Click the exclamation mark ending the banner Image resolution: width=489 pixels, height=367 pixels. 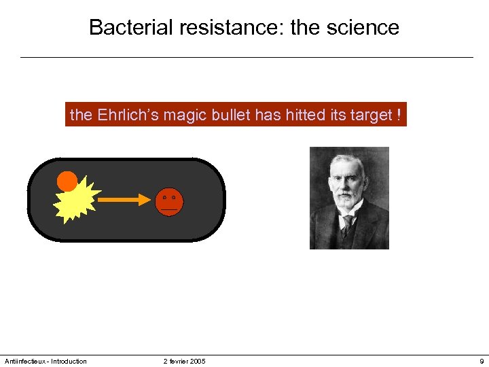tap(399, 116)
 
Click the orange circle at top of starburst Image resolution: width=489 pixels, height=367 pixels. tap(67, 181)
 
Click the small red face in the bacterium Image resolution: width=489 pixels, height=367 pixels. tap(169, 202)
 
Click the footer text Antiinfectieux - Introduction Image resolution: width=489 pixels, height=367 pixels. tap(46, 361)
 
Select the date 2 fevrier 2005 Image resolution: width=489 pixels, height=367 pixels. tap(184, 361)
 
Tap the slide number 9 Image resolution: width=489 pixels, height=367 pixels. tap(481, 361)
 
